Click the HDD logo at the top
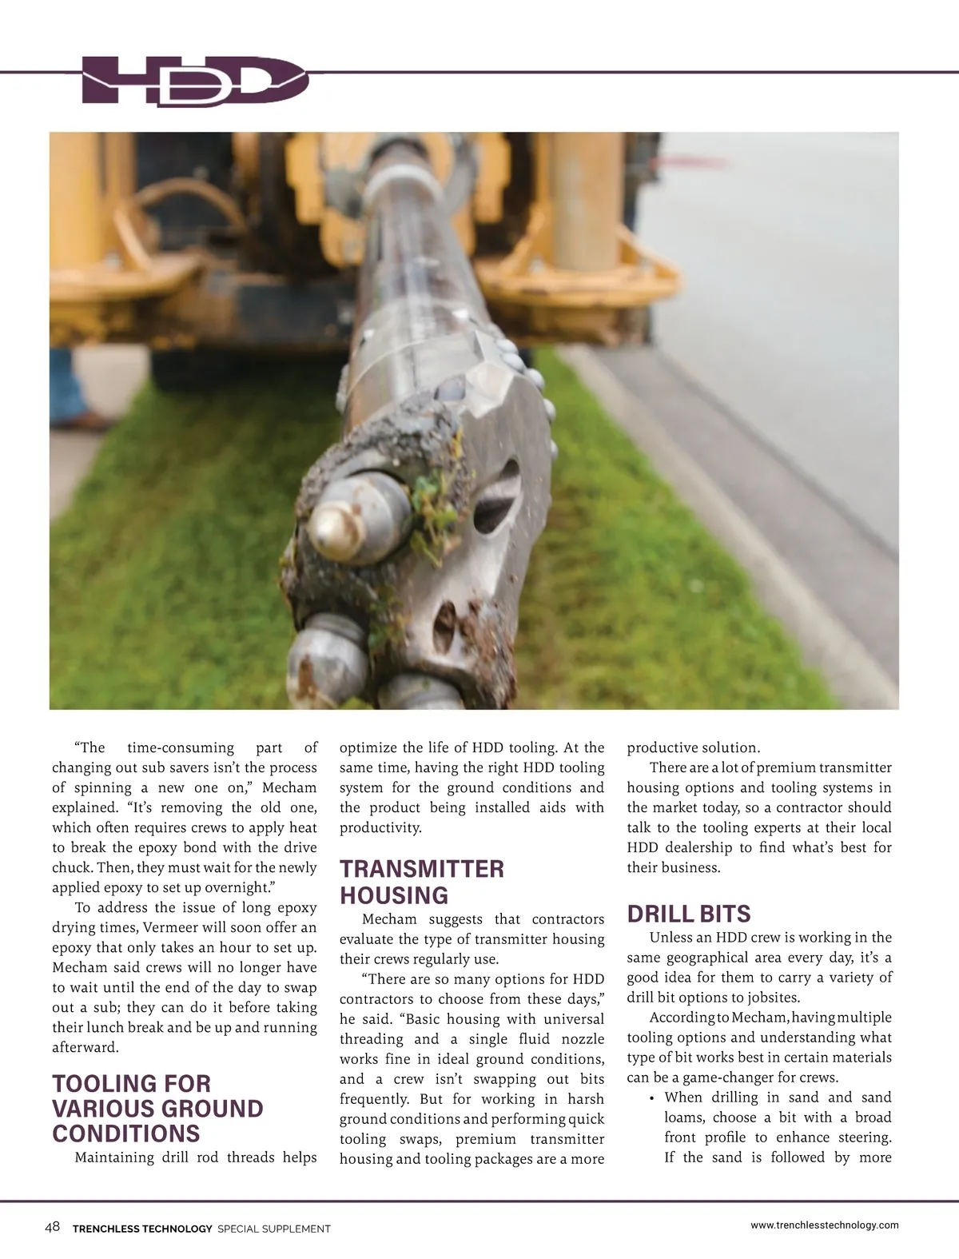(x=196, y=80)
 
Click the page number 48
(x=53, y=1227)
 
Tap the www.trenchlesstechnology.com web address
(x=825, y=1225)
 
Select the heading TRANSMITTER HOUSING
(x=422, y=882)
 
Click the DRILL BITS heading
(x=689, y=914)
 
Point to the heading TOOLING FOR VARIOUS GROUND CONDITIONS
(x=157, y=1108)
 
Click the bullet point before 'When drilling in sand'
(x=652, y=1098)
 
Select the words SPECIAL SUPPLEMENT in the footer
(x=273, y=1229)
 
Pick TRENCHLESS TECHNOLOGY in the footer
(x=142, y=1229)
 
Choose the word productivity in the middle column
(x=380, y=827)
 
